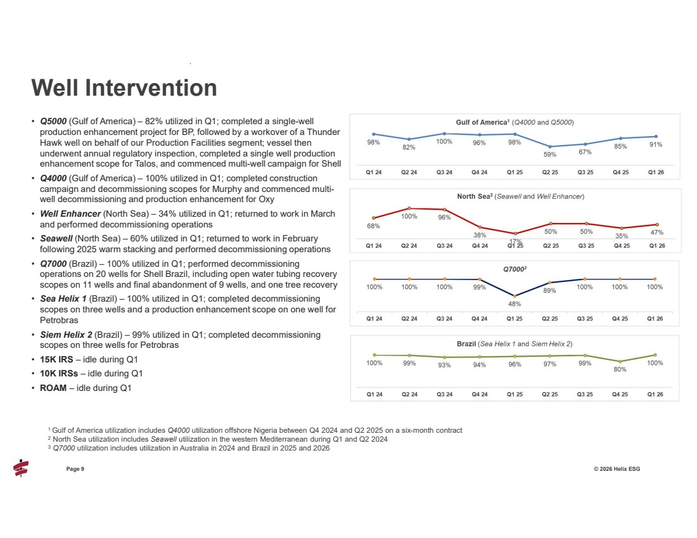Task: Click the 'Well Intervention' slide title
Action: coord(124,87)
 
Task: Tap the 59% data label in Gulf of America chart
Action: coord(550,154)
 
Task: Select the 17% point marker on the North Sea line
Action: coord(515,234)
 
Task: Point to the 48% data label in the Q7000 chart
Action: coord(515,304)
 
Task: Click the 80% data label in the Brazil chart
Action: coord(620,369)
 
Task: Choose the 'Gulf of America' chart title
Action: coord(515,122)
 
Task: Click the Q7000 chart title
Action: coord(515,269)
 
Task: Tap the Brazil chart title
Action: coord(515,343)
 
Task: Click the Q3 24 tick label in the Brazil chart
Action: coord(445,394)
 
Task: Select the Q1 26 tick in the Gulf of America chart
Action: coord(655,171)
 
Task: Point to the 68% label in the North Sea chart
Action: coord(374,226)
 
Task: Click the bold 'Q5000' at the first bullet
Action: coord(53,120)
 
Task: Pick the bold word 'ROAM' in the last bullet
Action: coord(53,388)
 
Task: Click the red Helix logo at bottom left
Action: coord(21,468)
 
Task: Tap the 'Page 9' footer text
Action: coord(75,469)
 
